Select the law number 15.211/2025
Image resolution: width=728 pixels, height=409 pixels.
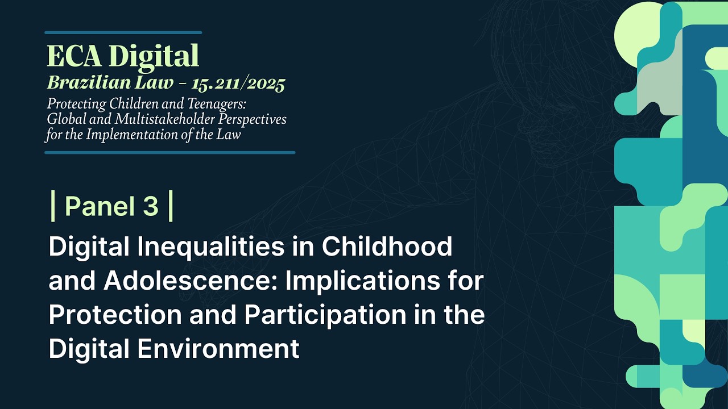tap(238, 84)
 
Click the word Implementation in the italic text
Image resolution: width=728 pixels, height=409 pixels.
tap(142, 135)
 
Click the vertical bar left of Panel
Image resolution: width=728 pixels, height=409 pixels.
tap(53, 206)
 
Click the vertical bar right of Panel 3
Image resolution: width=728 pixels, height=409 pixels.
tap(171, 206)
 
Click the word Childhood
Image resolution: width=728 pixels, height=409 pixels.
tap(387, 247)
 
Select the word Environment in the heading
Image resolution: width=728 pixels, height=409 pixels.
tap(218, 349)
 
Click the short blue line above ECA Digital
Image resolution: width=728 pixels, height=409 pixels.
tap(123, 32)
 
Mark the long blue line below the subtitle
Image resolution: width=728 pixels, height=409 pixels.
tap(169, 152)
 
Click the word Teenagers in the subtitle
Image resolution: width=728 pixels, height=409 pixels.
tap(214, 105)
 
